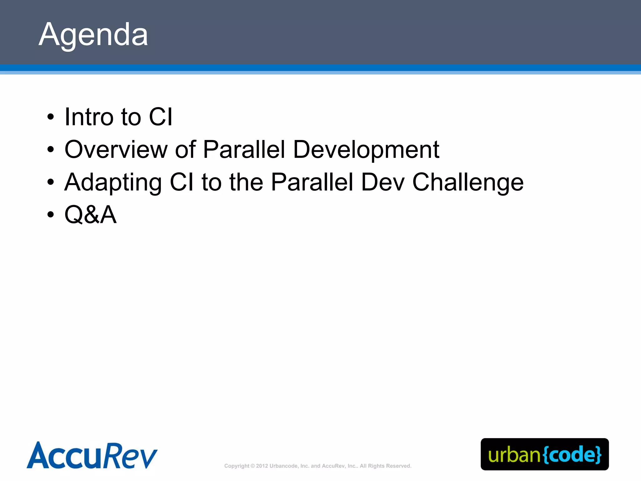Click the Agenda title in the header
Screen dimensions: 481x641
(x=93, y=34)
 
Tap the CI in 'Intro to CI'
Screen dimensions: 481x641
(x=161, y=117)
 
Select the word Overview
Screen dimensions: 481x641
(x=116, y=150)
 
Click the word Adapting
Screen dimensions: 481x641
(x=113, y=183)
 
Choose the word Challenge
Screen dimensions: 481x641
(x=468, y=183)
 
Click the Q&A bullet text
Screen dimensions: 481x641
(x=90, y=215)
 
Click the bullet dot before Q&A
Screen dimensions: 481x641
(x=50, y=215)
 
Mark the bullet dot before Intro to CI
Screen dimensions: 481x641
(x=50, y=117)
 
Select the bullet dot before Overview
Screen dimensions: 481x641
(x=50, y=150)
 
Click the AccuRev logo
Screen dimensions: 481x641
(x=92, y=455)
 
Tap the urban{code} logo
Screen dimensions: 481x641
(x=545, y=454)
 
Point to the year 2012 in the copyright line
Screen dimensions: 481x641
(x=262, y=466)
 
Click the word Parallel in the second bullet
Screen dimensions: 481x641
(x=244, y=150)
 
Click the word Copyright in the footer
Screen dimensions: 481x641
(x=237, y=466)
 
